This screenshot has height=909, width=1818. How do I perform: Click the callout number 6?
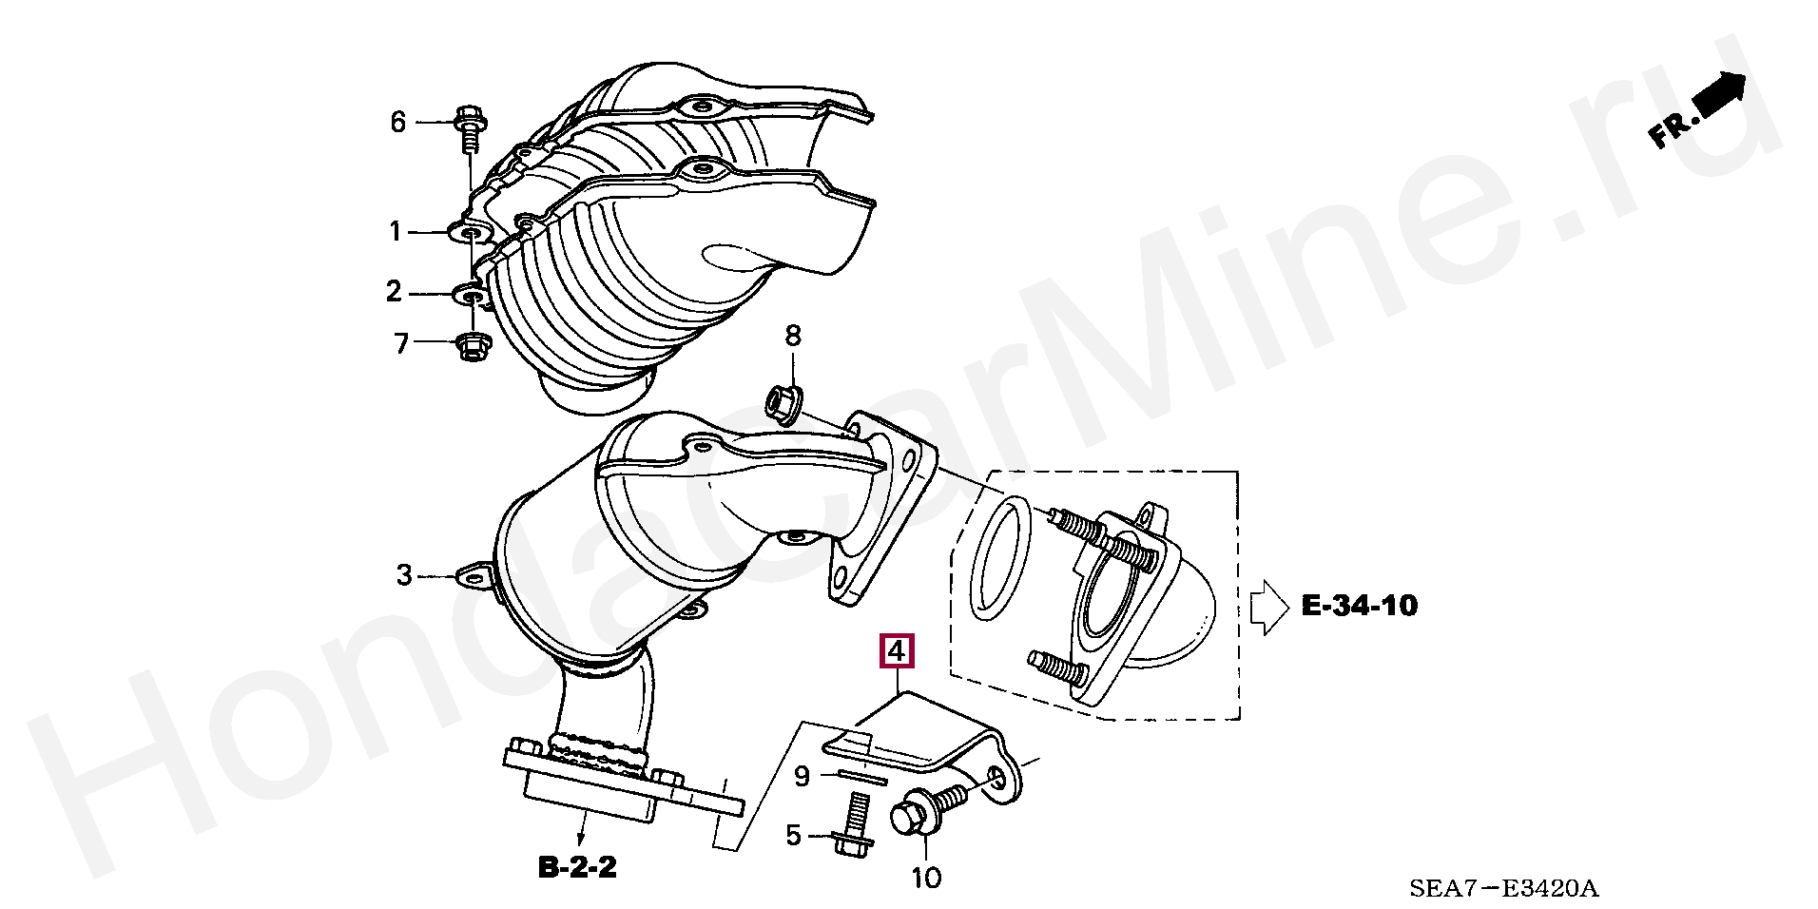398,122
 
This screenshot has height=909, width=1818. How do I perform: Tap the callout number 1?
396,231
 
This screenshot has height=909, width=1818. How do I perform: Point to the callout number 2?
395,291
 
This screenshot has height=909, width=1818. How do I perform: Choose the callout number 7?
401,342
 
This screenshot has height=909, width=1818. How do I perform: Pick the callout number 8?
793,335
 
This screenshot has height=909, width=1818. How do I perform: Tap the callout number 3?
405,575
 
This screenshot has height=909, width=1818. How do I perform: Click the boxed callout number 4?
897,651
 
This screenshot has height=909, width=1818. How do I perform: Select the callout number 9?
803,777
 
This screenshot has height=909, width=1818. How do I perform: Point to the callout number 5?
794,836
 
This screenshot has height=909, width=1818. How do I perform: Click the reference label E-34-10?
1359,605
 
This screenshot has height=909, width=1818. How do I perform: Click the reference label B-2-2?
578,867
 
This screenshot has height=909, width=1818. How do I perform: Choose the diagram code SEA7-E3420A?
1503,888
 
